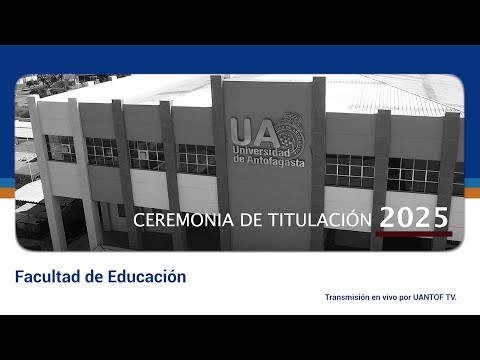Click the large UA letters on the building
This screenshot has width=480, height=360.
coord(248,131)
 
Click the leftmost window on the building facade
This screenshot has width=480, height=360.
coord(60,148)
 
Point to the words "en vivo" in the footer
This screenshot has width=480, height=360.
coord(388,297)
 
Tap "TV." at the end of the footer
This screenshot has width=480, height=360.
coord(449,297)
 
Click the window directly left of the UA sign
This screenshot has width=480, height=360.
coord(196,157)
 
